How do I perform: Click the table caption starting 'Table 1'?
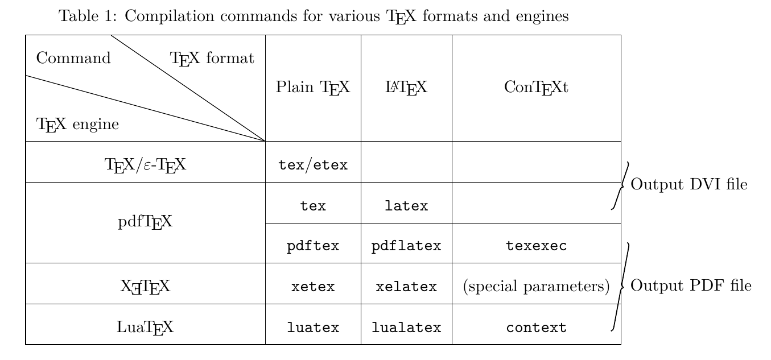point(314,16)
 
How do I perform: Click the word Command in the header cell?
point(73,58)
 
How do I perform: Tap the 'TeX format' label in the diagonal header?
point(212,58)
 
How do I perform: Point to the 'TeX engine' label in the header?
point(77,124)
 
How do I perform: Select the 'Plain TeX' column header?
point(313,88)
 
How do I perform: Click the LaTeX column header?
point(406,88)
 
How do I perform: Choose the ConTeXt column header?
point(536,88)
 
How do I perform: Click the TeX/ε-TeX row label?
point(145,165)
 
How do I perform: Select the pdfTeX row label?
point(145,221)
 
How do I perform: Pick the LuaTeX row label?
point(145,327)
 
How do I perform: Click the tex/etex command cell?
point(313,165)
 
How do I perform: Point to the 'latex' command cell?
point(406,206)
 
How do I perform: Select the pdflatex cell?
point(406,246)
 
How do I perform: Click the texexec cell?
point(536,246)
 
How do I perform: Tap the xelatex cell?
point(406,287)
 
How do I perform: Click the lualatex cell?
point(406,328)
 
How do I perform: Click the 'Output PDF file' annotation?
point(691,285)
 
